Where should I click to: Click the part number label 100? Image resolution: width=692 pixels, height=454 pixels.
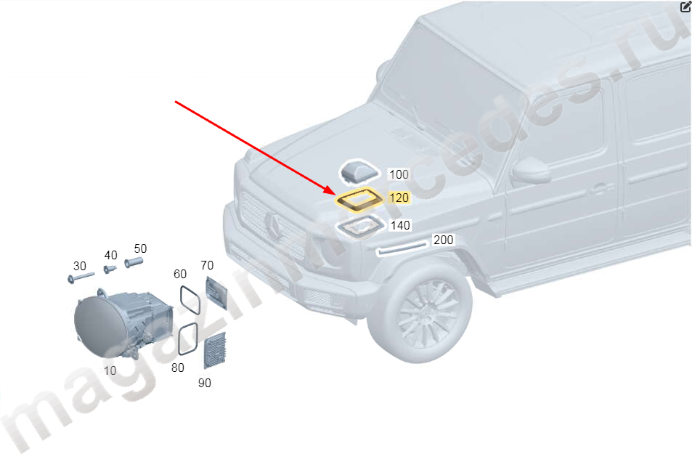point(399,174)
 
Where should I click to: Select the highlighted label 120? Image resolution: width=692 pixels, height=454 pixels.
point(399,198)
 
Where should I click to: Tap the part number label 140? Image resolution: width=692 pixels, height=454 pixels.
point(400,225)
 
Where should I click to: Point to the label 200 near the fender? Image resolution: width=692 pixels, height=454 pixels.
point(443,240)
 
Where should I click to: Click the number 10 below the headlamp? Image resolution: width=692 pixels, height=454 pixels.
point(110,370)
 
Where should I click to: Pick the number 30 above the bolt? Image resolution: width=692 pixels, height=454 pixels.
point(79,266)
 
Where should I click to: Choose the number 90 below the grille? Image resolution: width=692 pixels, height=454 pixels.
point(204,383)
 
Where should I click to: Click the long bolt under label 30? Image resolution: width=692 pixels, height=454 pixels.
point(81,277)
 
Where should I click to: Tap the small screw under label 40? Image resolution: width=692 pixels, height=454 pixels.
point(109,269)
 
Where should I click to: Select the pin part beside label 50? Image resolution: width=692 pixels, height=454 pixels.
point(134,262)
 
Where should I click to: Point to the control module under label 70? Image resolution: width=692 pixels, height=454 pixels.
point(216,293)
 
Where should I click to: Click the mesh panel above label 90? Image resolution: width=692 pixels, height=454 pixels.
point(215,351)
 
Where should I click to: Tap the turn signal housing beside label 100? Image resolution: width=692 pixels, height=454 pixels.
point(359,172)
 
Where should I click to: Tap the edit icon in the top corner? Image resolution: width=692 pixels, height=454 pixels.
point(685,7)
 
